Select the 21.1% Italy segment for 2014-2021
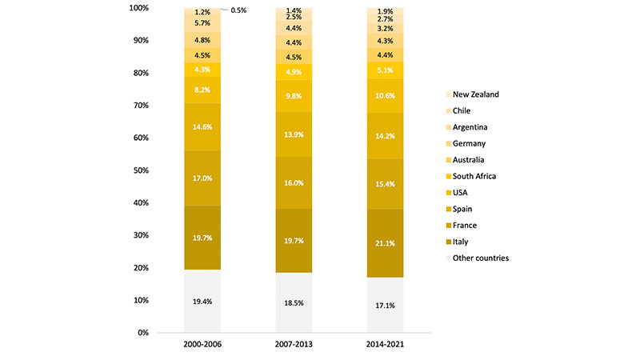pos(385,239)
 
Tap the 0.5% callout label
pos(238,10)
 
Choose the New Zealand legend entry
pos(475,94)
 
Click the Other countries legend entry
pos(480,258)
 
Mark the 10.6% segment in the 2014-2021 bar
pos(385,97)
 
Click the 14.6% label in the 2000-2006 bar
pos(202,127)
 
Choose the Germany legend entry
pos(470,143)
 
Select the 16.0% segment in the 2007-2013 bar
pos(294,182)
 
